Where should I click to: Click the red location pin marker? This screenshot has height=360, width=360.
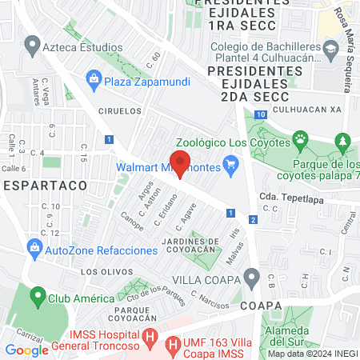coord(181,163)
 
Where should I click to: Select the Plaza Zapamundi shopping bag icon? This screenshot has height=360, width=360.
coord(94,78)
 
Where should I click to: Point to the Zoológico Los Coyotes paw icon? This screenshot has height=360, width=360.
coord(299,142)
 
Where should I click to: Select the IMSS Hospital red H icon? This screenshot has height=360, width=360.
coord(150,336)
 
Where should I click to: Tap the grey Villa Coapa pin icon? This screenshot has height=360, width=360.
coord(253,279)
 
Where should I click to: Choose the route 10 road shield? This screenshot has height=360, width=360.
coord(261,114)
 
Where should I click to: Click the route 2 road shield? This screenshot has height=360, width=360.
coord(253,219)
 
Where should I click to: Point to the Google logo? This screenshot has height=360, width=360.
coord(26,350)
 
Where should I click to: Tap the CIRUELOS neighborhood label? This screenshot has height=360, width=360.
coord(120,111)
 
